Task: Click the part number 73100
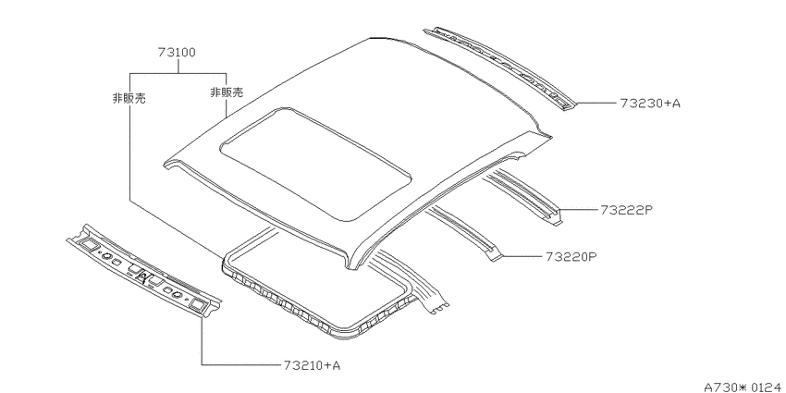(x=177, y=52)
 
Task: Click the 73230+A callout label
(x=650, y=104)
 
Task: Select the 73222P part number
(x=626, y=210)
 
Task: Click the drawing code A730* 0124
(x=743, y=387)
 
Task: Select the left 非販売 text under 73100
(x=129, y=98)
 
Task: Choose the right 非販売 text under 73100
(x=227, y=92)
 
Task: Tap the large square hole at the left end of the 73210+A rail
(x=89, y=244)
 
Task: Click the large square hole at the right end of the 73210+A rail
(x=196, y=304)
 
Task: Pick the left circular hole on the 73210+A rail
(x=105, y=255)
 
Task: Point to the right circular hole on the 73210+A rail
(x=176, y=295)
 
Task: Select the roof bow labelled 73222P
(x=522, y=195)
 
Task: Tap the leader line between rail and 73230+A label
(x=595, y=104)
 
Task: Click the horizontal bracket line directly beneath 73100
(x=178, y=74)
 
